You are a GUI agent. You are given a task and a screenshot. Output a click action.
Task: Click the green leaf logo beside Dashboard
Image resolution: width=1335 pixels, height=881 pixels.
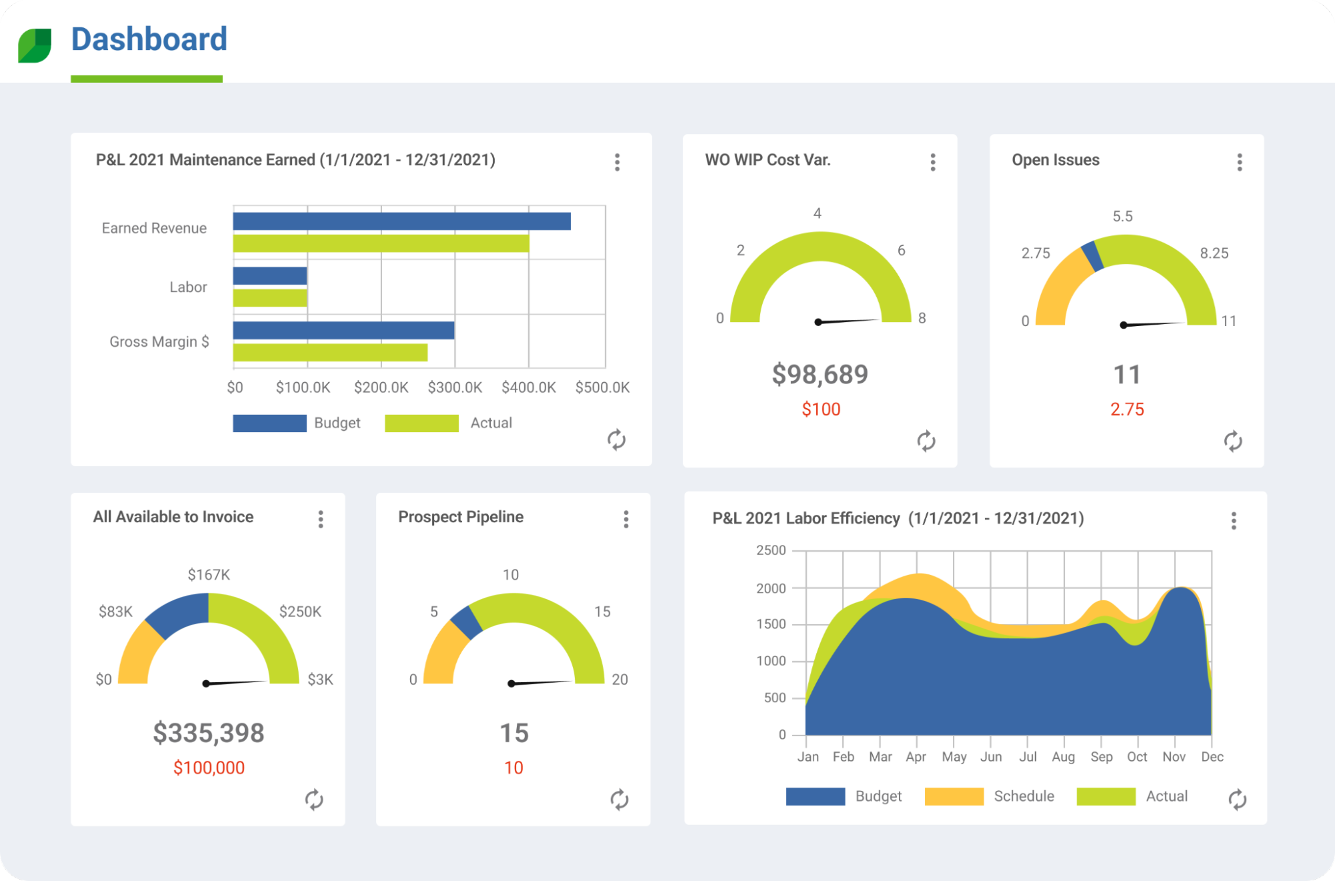pyautogui.click(x=35, y=45)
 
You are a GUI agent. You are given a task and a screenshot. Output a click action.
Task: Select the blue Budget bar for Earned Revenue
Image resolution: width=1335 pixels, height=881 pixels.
pyautogui.click(x=401, y=221)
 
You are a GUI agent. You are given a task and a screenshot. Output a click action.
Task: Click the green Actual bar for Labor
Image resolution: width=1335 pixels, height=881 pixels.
pyautogui.click(x=270, y=298)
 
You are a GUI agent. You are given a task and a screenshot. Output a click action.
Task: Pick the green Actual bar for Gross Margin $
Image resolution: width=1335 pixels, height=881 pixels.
pyautogui.click(x=330, y=352)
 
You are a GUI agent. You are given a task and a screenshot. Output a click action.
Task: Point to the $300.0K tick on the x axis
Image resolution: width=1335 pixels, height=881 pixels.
pyautogui.click(x=455, y=387)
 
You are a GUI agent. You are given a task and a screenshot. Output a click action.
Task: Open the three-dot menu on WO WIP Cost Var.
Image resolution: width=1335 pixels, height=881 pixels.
pyautogui.click(x=932, y=162)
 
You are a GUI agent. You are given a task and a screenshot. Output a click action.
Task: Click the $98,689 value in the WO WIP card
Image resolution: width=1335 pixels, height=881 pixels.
pyautogui.click(x=820, y=375)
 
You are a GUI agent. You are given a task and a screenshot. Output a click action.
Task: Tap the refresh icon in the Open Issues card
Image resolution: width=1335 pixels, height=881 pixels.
pyautogui.click(x=1232, y=441)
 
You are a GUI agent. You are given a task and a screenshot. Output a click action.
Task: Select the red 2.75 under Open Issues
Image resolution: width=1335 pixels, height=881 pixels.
pyautogui.click(x=1127, y=409)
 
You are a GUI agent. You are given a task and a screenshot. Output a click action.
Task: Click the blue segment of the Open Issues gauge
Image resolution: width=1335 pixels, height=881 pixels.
pyautogui.click(x=1092, y=256)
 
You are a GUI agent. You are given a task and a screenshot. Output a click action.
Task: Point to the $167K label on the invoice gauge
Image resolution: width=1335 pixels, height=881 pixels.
pyautogui.click(x=208, y=574)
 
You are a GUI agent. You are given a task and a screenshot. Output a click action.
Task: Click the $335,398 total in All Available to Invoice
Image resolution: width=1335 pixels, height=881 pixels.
pyautogui.click(x=208, y=733)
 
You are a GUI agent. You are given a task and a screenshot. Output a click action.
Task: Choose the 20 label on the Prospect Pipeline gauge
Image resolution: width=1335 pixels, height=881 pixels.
pyautogui.click(x=620, y=679)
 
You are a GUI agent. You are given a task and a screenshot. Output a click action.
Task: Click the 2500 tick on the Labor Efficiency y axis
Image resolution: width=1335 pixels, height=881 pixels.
pyautogui.click(x=771, y=550)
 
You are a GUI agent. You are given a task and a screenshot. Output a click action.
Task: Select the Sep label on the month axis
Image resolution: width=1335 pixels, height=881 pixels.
pyautogui.click(x=1101, y=757)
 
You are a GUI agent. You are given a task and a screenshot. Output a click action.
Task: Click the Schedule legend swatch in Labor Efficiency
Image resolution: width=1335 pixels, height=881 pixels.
pyautogui.click(x=954, y=796)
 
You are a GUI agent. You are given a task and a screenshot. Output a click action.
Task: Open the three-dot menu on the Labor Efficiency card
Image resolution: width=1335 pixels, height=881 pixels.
pyautogui.click(x=1233, y=521)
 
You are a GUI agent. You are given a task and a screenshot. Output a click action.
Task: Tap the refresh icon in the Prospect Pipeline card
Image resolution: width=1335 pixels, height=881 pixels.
pyautogui.click(x=619, y=800)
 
